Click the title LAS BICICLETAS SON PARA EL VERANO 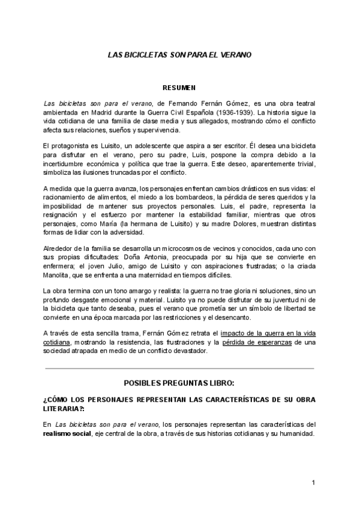tap(179, 54)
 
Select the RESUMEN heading tap(179, 88)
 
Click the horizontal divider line tap(179, 368)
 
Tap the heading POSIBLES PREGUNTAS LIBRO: tap(179, 382)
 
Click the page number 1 tap(313, 483)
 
